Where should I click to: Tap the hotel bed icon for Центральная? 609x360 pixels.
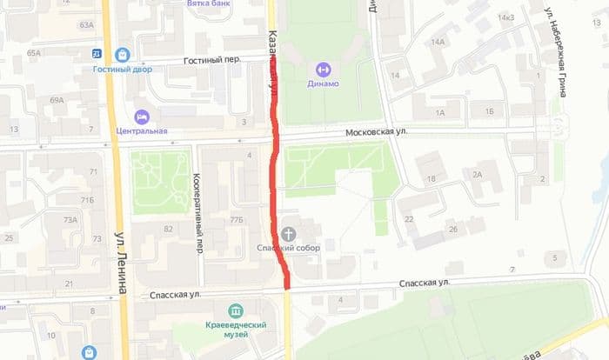pyautogui.click(x=141, y=117)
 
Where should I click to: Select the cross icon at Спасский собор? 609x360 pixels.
pyautogui.click(x=289, y=233)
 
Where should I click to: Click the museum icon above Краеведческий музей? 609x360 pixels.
pyautogui.click(x=235, y=310)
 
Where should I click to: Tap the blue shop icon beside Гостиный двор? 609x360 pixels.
pyautogui.click(x=121, y=54)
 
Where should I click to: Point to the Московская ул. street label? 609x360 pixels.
pyautogui.click(x=377, y=131)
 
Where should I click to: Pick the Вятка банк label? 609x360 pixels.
pyautogui.click(x=210, y=4)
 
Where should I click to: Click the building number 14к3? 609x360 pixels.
pyautogui.click(x=505, y=18)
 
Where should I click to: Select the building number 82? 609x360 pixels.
pyautogui.click(x=168, y=229)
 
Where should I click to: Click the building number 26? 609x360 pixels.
pyautogui.click(x=453, y=230)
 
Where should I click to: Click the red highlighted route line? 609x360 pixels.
pyautogui.click(x=277, y=174)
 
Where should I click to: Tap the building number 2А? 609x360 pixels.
pyautogui.click(x=477, y=175)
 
